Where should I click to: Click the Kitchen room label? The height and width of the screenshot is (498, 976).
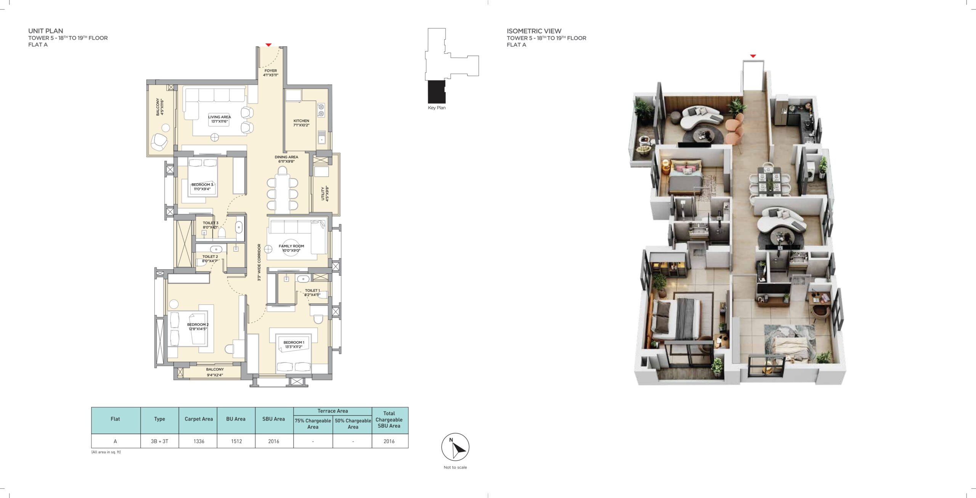point(301,123)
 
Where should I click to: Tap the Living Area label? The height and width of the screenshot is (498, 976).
point(219,119)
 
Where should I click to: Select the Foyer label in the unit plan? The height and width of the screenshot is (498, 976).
point(271,73)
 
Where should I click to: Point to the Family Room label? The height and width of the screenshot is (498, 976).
point(291,248)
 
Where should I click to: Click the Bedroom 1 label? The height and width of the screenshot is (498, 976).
point(294,345)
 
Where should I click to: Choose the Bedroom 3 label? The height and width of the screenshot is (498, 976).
point(202,187)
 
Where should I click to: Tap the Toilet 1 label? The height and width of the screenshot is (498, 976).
point(312,292)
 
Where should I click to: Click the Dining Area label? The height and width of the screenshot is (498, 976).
point(286,159)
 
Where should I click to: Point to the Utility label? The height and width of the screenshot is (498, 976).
point(324,193)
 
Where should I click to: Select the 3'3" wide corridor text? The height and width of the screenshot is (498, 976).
point(259,262)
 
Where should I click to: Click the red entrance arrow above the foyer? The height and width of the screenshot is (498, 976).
point(268,45)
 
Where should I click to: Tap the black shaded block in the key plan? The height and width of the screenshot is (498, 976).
point(437,92)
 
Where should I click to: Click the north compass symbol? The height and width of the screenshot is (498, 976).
point(455,447)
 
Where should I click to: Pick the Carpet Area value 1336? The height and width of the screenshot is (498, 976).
point(199,441)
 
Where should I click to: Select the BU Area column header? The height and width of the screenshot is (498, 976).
point(236,419)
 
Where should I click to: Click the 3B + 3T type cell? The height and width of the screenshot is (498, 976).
point(159,441)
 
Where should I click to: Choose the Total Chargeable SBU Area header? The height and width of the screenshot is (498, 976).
point(389,420)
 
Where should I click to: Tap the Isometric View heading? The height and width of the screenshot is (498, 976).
point(534,31)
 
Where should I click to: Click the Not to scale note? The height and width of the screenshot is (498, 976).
point(455,467)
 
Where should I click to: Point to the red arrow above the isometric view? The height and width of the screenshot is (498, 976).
point(753,56)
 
